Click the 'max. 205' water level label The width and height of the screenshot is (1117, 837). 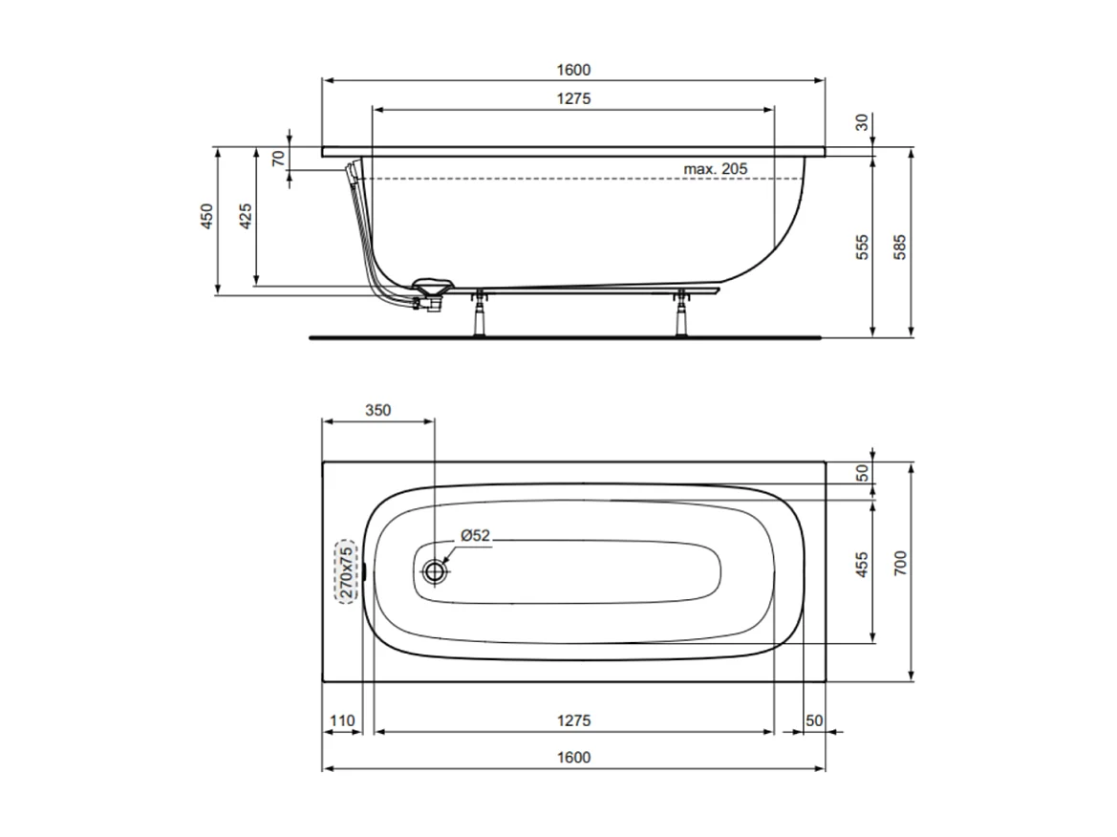(714, 168)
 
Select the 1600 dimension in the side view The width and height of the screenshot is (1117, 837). (572, 69)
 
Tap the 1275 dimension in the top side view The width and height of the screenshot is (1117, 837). (572, 98)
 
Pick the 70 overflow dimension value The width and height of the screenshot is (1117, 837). (278, 159)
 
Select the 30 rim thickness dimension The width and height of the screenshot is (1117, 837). (862, 122)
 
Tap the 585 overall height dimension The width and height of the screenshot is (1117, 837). (899, 247)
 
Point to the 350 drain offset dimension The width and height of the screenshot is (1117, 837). (377, 410)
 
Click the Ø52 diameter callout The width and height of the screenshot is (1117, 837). (475, 536)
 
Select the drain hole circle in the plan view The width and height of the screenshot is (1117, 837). (436, 571)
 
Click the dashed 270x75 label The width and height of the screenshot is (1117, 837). (345, 571)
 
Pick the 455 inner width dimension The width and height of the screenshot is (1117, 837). (862, 566)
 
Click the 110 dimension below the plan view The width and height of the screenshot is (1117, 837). (342, 719)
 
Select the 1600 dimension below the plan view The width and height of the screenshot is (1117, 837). (572, 757)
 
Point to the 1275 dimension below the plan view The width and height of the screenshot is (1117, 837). (572, 719)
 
